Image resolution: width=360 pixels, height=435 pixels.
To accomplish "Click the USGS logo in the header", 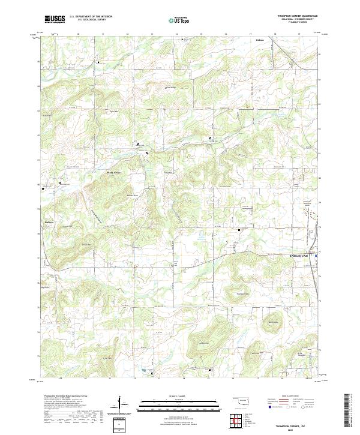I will click(55, 19).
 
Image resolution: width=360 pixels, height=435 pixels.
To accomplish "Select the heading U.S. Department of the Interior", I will click(90, 17).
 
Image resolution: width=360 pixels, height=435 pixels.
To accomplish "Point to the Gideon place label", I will click(260, 41).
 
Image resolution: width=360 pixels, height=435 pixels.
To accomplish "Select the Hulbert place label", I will click(50, 222).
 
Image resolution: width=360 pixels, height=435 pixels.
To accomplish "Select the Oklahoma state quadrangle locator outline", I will click(243, 400).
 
